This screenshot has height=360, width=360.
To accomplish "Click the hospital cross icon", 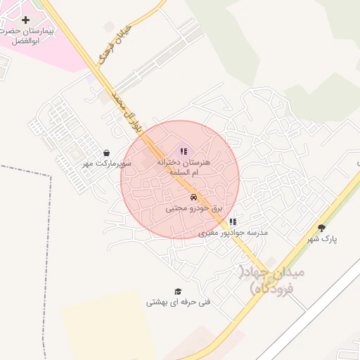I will pos(26,20).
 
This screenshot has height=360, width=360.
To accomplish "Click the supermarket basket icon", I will pos(105,153).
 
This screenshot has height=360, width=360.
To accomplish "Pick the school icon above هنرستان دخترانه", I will pos(184,150).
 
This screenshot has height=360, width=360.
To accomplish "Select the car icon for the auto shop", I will pos(193,197).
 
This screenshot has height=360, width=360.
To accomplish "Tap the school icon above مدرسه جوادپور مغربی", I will pos(233,221).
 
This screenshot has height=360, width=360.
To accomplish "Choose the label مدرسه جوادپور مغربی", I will pos(233,233).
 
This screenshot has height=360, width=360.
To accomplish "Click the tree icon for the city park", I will pos(322,228).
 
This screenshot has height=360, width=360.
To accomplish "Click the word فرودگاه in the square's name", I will pos(273,290).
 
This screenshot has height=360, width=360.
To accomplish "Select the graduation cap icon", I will pos(178,291).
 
